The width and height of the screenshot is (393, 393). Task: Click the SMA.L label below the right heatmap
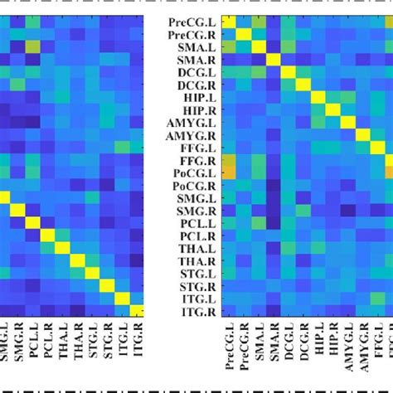pyautogui.click(x=258, y=343)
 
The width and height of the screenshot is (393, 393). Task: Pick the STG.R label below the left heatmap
pyautogui.click(x=108, y=342)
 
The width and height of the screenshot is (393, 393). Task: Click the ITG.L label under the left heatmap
pyautogui.click(x=122, y=342)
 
